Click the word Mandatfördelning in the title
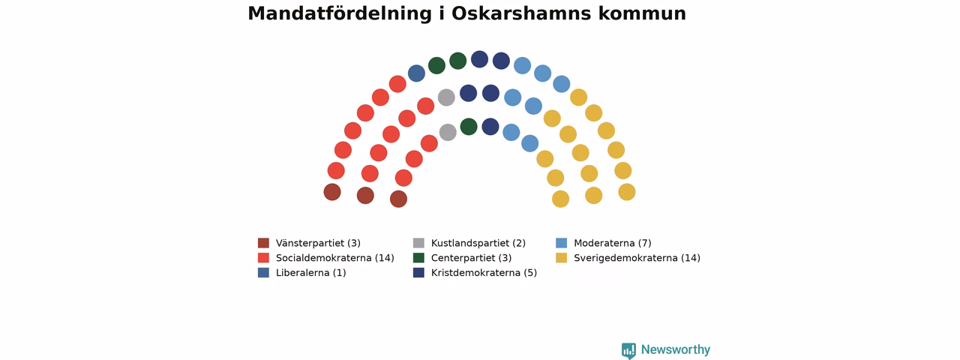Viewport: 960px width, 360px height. (x=340, y=13)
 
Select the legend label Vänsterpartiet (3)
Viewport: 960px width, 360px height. (x=318, y=244)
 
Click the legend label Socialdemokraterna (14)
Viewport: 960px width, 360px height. (x=334, y=258)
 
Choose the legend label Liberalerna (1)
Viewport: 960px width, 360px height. (x=310, y=273)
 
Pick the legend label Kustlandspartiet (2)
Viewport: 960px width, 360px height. (x=478, y=244)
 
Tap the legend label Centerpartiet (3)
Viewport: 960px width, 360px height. (x=472, y=258)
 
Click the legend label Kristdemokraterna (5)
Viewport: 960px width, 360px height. (x=484, y=273)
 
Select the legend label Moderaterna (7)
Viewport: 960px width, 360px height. (x=613, y=244)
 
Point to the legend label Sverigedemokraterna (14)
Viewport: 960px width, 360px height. (x=637, y=258)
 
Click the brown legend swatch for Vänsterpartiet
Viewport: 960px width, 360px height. (x=263, y=244)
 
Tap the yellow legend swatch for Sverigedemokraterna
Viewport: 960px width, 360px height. (x=562, y=258)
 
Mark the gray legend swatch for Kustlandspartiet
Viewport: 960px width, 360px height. (x=418, y=244)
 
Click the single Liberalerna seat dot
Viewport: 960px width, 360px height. (x=416, y=73)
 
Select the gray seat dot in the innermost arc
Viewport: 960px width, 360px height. (x=448, y=133)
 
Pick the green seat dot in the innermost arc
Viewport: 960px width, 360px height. (x=469, y=127)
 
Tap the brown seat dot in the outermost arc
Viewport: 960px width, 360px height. (x=332, y=192)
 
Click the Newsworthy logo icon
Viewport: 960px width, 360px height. (x=628, y=350)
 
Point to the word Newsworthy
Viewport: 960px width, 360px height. (x=676, y=349)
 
